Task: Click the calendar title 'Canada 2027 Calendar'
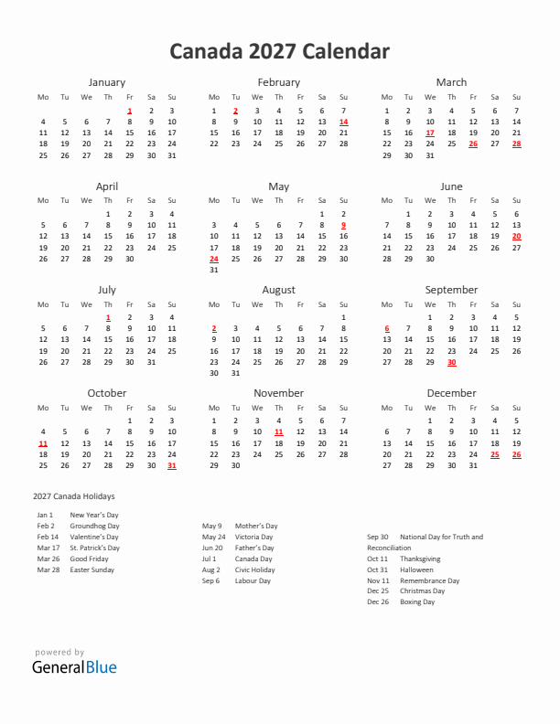click(279, 52)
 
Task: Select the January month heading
click(107, 82)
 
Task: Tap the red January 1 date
click(129, 110)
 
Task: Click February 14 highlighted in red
click(343, 122)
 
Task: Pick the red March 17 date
click(429, 133)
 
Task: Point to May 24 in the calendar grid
click(213, 259)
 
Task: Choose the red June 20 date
click(516, 237)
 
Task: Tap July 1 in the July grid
click(108, 317)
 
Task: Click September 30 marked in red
click(451, 362)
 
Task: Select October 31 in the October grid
click(171, 465)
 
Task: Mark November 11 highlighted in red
click(279, 431)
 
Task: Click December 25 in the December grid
click(495, 454)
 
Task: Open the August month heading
click(279, 290)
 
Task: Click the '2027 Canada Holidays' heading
click(74, 495)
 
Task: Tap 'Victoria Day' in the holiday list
click(254, 537)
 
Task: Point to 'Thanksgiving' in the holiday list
click(420, 559)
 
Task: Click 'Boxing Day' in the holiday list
click(417, 602)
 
